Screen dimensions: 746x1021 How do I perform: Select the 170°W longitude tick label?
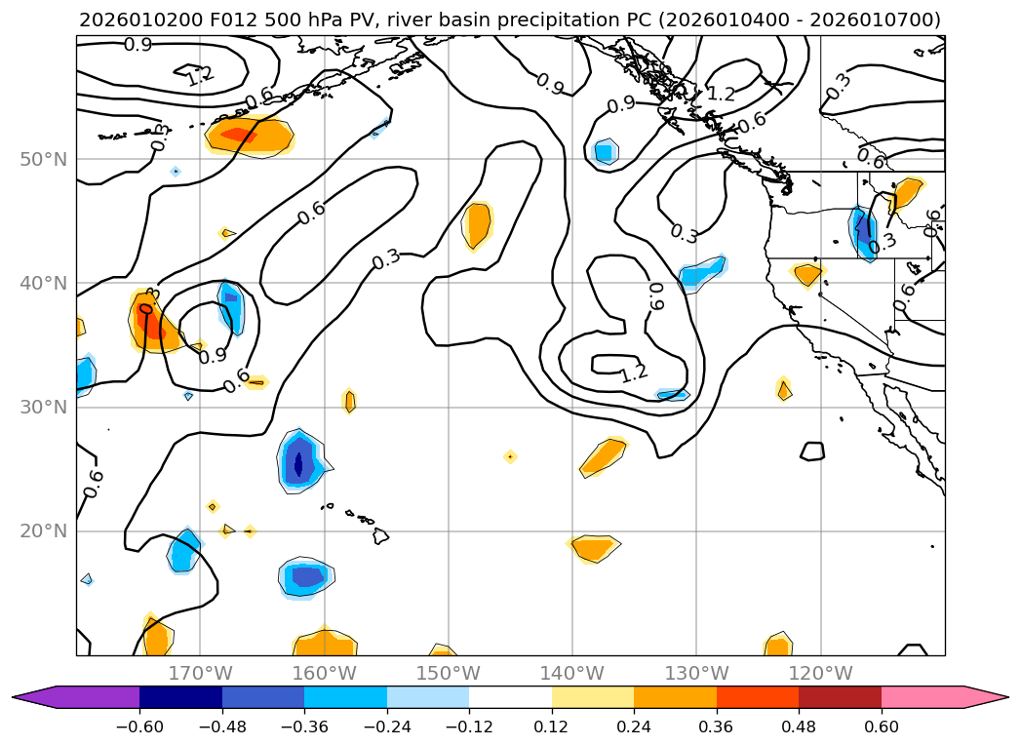[200, 673]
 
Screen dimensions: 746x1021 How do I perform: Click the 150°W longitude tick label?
[449, 673]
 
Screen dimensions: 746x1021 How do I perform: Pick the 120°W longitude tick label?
[820, 673]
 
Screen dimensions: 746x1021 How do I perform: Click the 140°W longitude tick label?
[572, 673]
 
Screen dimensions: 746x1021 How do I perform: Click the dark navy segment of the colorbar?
[180, 697]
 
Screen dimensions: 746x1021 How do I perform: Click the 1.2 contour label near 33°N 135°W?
[634, 372]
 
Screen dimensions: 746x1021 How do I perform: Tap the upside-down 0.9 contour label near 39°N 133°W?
[656, 296]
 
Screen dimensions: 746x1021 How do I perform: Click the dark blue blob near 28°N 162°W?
[300, 458]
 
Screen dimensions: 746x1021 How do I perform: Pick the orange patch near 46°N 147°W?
[478, 225]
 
